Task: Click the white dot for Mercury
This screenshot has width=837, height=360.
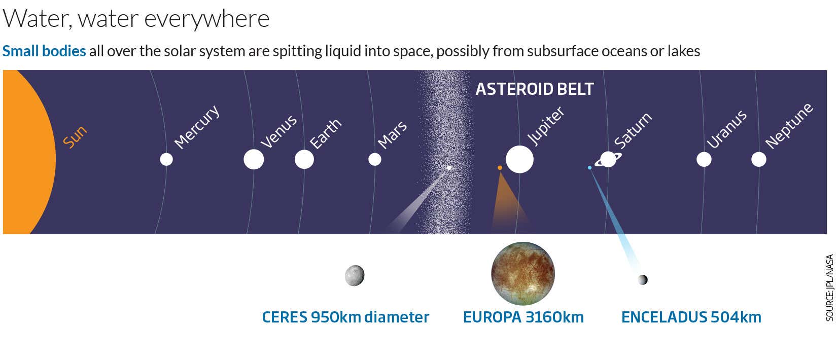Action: click(166, 159)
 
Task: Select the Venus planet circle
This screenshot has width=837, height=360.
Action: click(254, 159)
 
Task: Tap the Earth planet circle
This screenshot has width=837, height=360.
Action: click(304, 159)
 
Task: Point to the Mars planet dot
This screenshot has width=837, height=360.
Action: click(375, 159)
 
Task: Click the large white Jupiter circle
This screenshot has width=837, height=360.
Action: click(520, 159)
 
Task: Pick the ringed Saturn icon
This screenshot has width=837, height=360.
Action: click(608, 159)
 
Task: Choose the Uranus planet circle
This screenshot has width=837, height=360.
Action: click(704, 159)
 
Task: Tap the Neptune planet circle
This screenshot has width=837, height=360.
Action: click(759, 159)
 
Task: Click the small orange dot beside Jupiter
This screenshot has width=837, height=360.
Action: click(500, 168)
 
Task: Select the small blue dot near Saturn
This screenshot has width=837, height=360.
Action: click(589, 168)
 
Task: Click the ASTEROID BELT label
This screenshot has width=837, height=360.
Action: click(535, 89)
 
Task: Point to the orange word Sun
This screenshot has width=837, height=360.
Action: click(75, 137)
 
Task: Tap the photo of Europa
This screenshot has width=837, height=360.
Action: click(523, 274)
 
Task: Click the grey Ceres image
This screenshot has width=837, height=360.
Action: click(355, 276)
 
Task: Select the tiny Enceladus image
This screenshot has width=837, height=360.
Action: click(643, 279)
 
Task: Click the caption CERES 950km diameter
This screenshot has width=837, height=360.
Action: click(345, 317)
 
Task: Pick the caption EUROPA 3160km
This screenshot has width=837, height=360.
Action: click(524, 317)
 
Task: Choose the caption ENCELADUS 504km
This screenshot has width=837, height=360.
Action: click(691, 317)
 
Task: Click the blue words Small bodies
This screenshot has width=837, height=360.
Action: click(44, 51)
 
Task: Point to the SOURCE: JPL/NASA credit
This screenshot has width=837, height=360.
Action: click(829, 287)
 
